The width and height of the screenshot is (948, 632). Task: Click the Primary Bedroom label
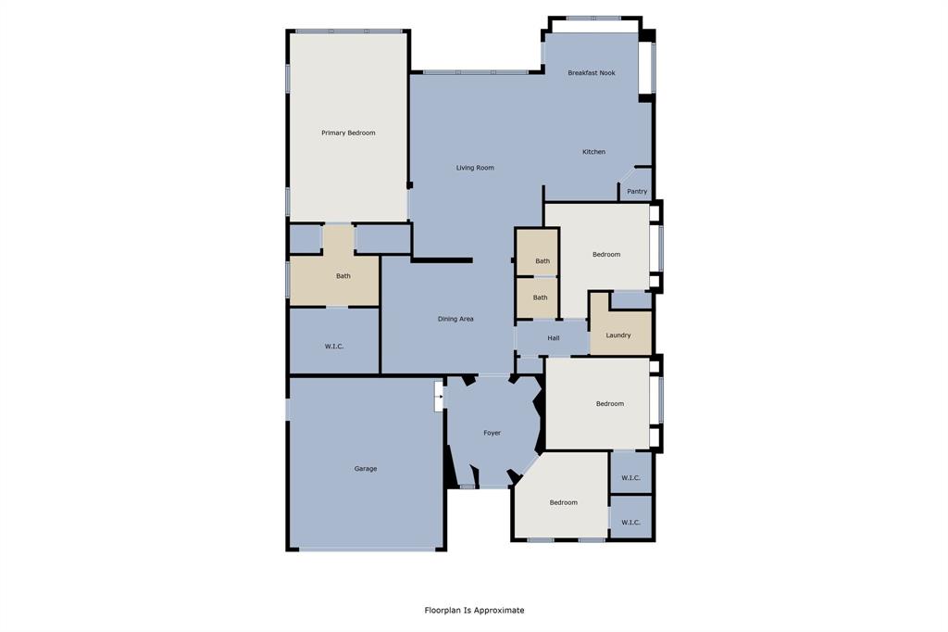click(x=348, y=133)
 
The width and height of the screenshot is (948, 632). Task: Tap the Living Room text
click(x=475, y=168)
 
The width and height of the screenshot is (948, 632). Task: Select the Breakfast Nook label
click(x=592, y=73)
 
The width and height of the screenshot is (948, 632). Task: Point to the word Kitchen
click(x=593, y=152)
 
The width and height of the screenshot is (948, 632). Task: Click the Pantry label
click(x=637, y=192)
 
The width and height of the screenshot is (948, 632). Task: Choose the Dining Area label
click(x=455, y=319)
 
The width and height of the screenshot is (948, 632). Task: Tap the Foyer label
click(x=492, y=433)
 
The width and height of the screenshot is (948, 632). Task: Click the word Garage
click(x=366, y=469)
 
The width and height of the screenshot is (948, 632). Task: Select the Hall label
click(x=553, y=338)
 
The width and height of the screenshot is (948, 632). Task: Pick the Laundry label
click(x=618, y=335)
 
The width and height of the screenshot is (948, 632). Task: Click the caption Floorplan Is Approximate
click(x=474, y=611)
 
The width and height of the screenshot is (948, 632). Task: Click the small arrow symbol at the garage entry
click(x=439, y=397)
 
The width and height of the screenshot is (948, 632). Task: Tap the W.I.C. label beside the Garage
click(x=334, y=347)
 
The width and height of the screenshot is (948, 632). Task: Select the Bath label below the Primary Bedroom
click(x=343, y=276)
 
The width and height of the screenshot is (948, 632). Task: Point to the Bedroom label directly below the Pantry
click(x=606, y=255)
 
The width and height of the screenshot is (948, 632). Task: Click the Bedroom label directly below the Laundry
click(x=609, y=404)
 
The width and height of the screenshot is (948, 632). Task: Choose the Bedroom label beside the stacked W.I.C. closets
click(x=563, y=503)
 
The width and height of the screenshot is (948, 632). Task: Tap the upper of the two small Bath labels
click(x=543, y=261)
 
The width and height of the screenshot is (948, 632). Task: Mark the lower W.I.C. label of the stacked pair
click(x=630, y=523)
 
